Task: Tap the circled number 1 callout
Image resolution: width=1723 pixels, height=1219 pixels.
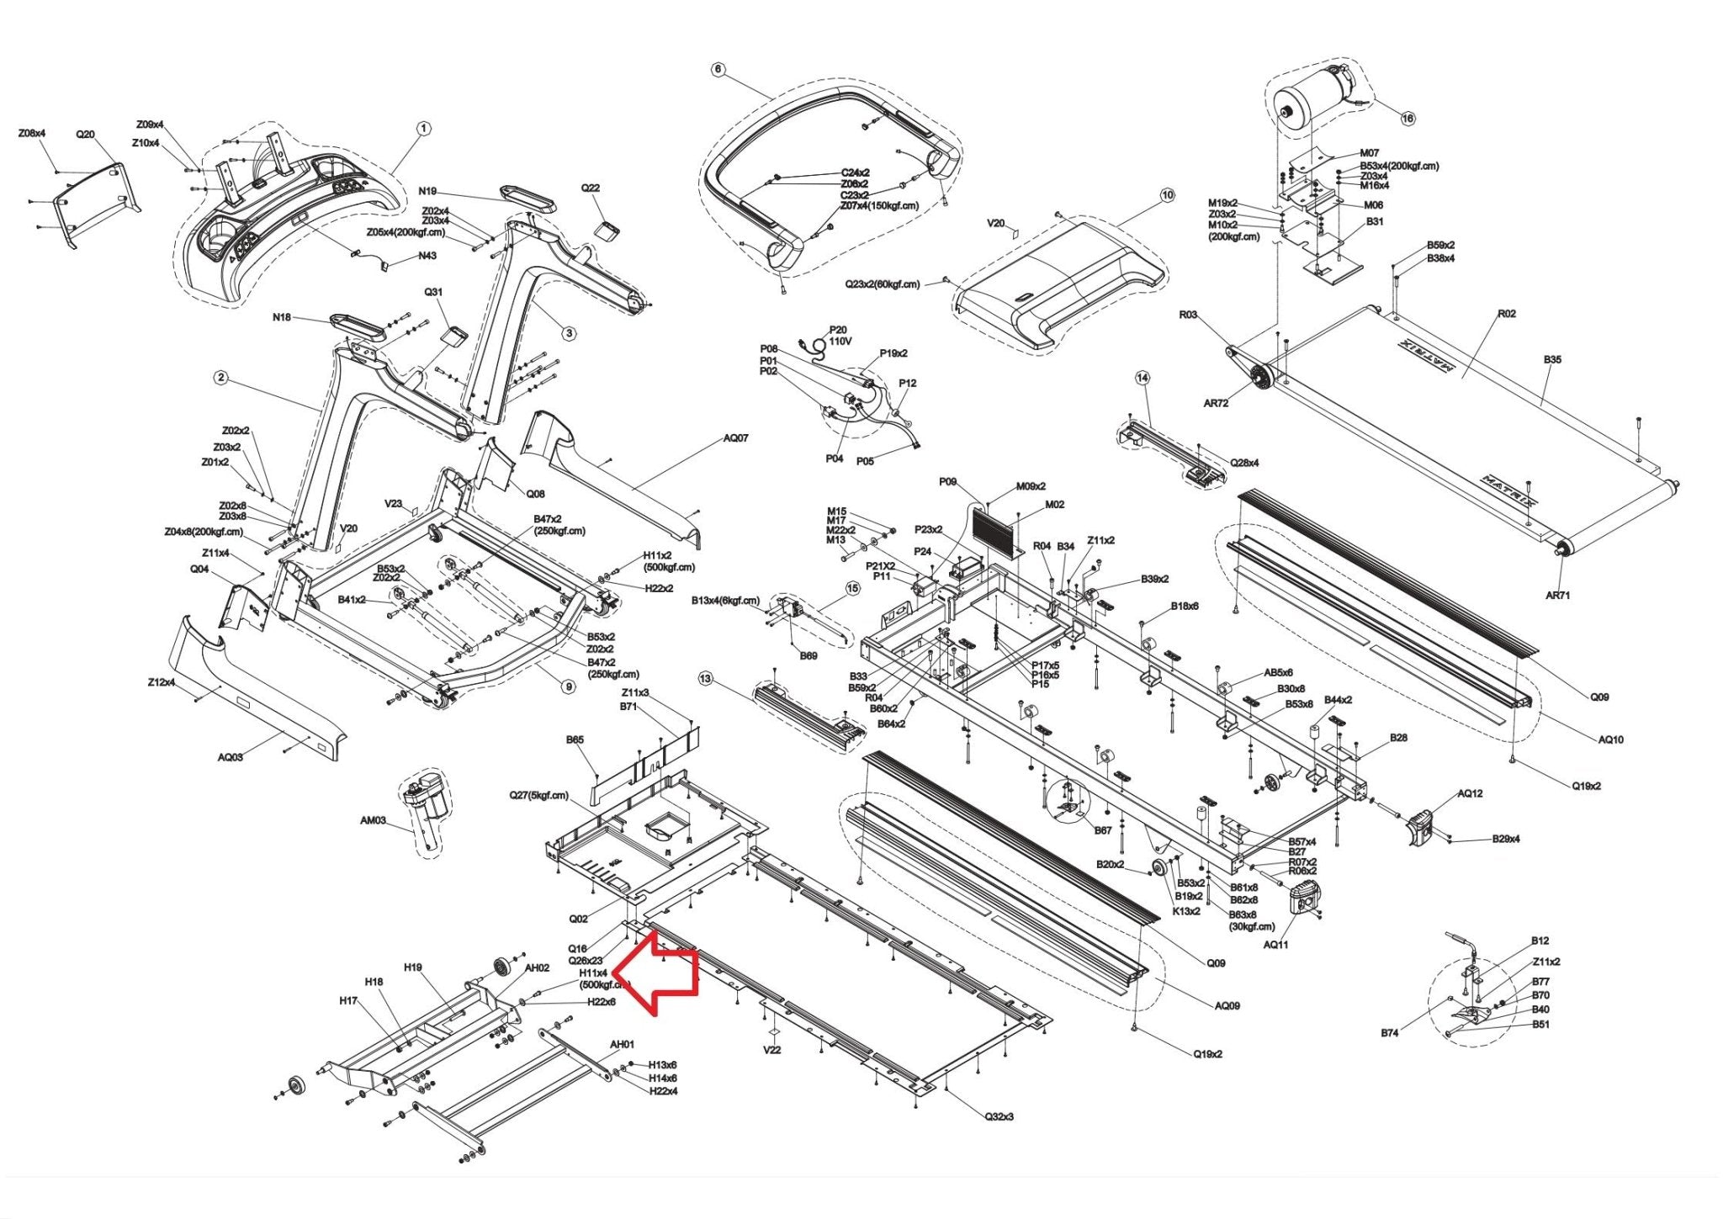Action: pos(424,129)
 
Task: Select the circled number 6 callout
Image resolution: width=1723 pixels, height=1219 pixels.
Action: pos(718,69)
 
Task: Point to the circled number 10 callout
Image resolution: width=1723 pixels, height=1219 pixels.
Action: pos(1167,196)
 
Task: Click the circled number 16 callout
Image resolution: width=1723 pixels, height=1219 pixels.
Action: pos(1408,119)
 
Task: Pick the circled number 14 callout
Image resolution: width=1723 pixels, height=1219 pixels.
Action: pos(1142,378)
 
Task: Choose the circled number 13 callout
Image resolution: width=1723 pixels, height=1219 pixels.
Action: pos(705,679)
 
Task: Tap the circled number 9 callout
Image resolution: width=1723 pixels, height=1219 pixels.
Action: pos(569,687)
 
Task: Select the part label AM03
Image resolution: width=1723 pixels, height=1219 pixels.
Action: pos(373,820)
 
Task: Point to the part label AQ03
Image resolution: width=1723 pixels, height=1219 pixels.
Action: pos(231,757)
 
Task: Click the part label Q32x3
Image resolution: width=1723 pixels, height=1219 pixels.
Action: pos(999,1116)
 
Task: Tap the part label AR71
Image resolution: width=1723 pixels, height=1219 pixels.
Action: pos(1557,596)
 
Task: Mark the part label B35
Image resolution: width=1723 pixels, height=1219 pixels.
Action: pos(1552,359)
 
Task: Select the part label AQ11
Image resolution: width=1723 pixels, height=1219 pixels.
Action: pos(1275,945)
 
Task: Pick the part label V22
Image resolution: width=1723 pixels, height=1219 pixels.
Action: pos(771,1050)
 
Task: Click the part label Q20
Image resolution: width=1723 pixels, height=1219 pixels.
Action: pos(85,135)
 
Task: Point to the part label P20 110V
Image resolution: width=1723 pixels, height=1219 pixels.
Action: pos(839,336)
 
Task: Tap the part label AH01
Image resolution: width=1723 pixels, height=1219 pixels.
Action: pos(622,1044)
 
